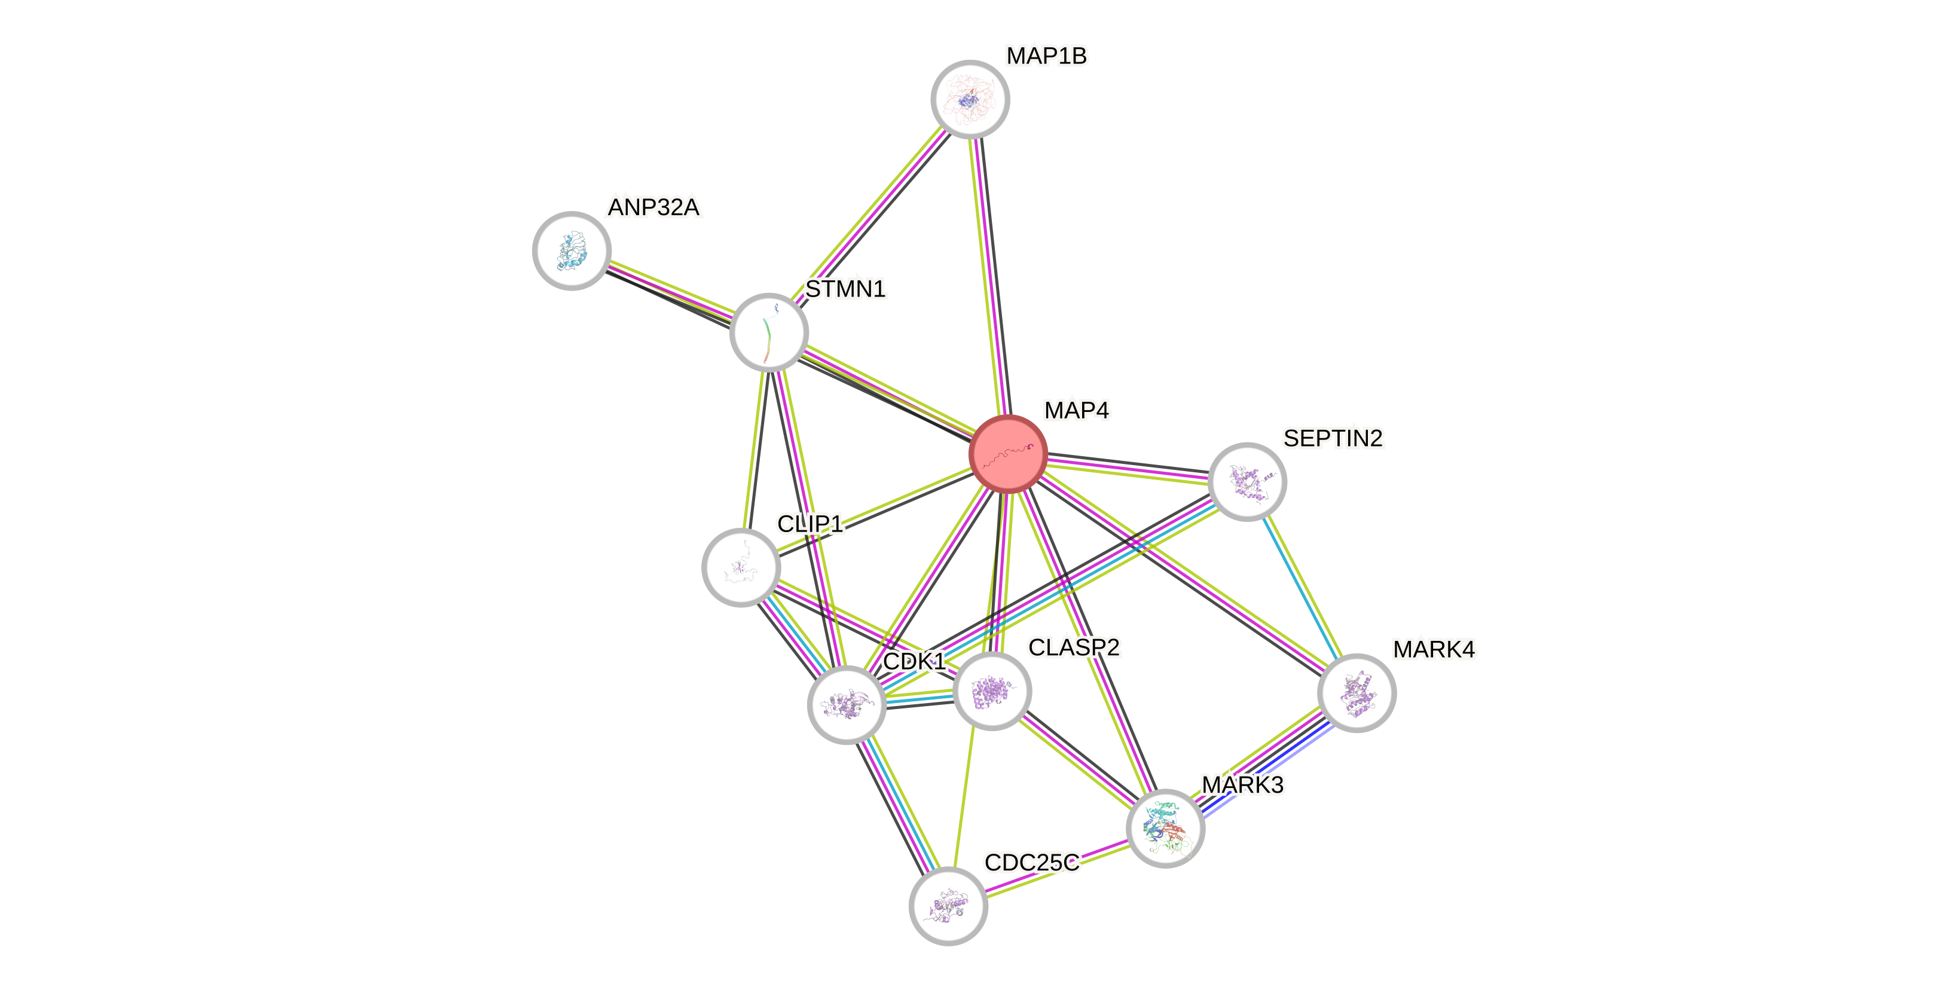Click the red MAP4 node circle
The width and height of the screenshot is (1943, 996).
click(x=1008, y=454)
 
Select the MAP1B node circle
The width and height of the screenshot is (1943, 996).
click(x=970, y=100)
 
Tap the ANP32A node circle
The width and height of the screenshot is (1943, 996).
click(x=572, y=250)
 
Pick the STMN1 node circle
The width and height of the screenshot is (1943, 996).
click(x=769, y=332)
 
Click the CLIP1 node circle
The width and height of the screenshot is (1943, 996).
click(x=741, y=567)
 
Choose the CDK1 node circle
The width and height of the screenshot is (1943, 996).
click(x=847, y=705)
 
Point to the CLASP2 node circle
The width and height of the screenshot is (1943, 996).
click(x=992, y=691)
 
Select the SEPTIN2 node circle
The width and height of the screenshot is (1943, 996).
click(x=1247, y=481)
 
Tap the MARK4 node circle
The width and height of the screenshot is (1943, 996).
click(x=1356, y=693)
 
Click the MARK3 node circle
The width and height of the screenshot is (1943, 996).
click(x=1165, y=828)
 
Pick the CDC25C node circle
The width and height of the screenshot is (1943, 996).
click(x=948, y=906)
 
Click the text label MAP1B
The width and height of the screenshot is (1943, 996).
click(x=1046, y=56)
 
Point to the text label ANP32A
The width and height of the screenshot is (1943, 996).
click(x=654, y=207)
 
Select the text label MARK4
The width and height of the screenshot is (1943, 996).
click(x=1433, y=649)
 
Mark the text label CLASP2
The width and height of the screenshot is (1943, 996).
click(x=1074, y=647)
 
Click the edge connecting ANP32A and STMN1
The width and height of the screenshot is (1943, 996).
click(x=671, y=291)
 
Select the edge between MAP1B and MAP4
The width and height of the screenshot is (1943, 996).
click(x=989, y=276)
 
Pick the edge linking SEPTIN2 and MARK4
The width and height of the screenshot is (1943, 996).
click(x=1302, y=587)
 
